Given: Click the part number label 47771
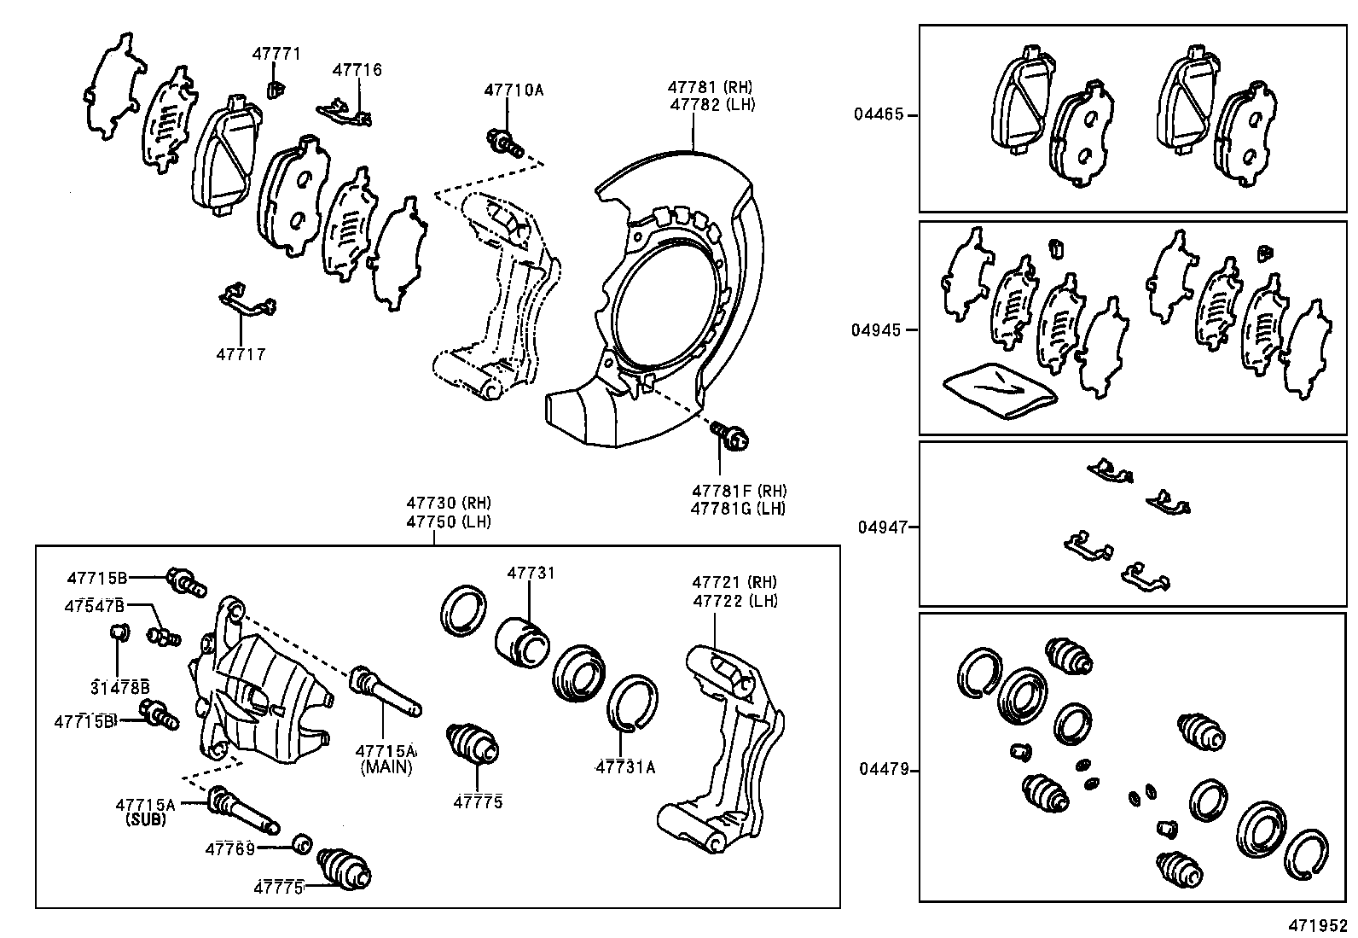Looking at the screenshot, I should [x=276, y=54].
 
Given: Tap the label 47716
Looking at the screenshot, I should [x=357, y=70].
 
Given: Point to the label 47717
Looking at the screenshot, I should [x=241, y=354].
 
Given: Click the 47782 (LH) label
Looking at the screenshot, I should [x=712, y=104].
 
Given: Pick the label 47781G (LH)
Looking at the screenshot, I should [x=738, y=509].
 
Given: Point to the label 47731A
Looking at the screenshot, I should [x=625, y=766].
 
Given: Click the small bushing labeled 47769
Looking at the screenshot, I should [x=299, y=843].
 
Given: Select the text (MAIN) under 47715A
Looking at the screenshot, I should [x=386, y=766].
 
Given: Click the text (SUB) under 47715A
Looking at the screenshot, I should [x=145, y=819].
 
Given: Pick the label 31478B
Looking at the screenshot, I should [x=120, y=686].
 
